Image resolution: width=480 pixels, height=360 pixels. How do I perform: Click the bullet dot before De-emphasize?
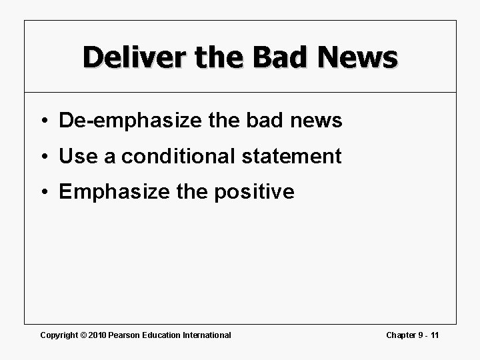[45, 121]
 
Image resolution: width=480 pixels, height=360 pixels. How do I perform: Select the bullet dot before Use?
[45, 157]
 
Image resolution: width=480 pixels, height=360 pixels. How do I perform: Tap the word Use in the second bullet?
[77, 157]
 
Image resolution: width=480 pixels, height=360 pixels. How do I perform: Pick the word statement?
[289, 157]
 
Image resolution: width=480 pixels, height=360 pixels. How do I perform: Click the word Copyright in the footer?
[58, 335]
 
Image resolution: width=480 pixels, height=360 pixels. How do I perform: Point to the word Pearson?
[124, 335]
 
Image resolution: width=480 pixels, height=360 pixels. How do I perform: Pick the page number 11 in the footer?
[435, 335]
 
